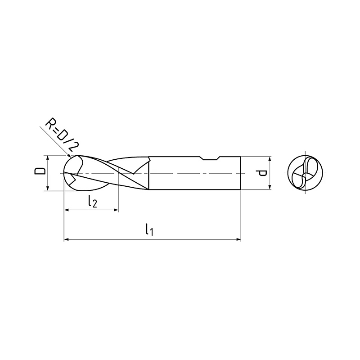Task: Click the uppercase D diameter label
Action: point(40,171)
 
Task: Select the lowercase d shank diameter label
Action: point(262,173)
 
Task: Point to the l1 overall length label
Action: point(149,230)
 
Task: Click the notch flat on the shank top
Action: point(210,159)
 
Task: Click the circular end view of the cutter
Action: point(305,173)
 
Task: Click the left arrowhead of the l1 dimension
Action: point(66,239)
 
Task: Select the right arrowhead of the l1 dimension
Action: point(238,239)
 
